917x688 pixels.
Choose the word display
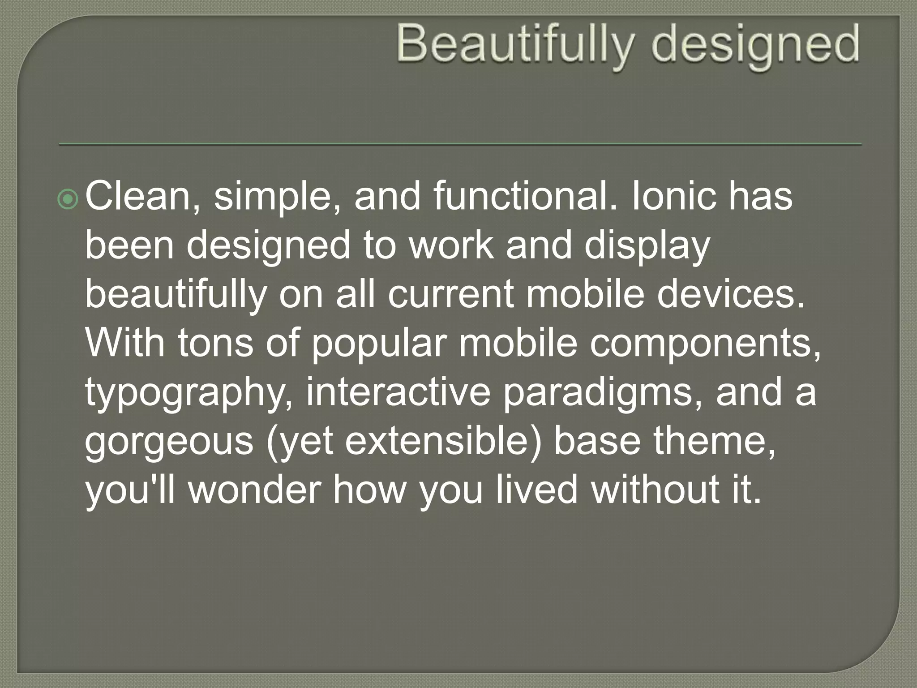click(647, 246)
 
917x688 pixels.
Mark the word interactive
click(399, 392)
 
